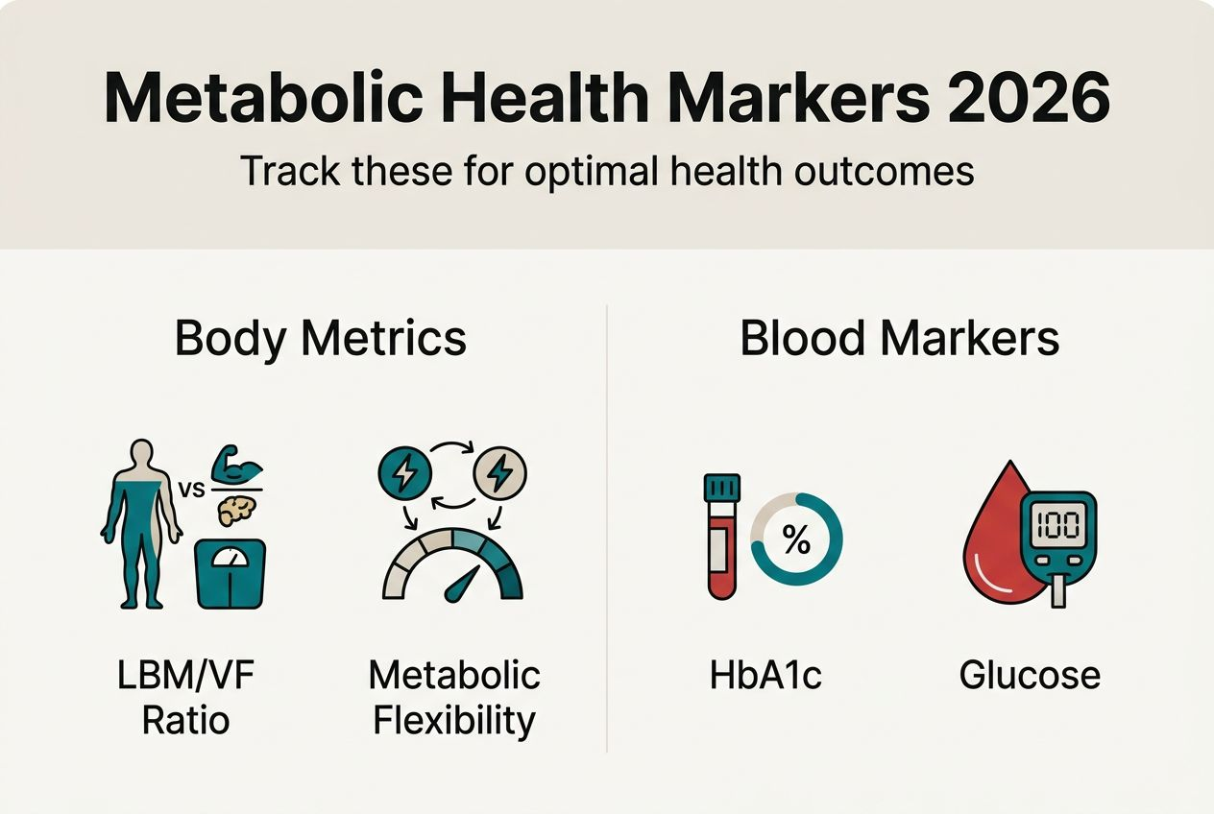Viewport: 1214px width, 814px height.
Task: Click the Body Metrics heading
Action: click(x=321, y=339)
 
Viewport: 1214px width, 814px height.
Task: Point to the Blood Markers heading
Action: click(x=900, y=339)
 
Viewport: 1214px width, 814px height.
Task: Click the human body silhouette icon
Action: click(x=141, y=522)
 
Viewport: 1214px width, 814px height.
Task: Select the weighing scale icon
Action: click(x=230, y=573)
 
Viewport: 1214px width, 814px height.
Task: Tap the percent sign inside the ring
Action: click(x=796, y=540)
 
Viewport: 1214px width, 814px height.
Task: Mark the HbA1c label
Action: click(x=765, y=675)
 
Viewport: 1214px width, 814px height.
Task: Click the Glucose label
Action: click(x=1030, y=675)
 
